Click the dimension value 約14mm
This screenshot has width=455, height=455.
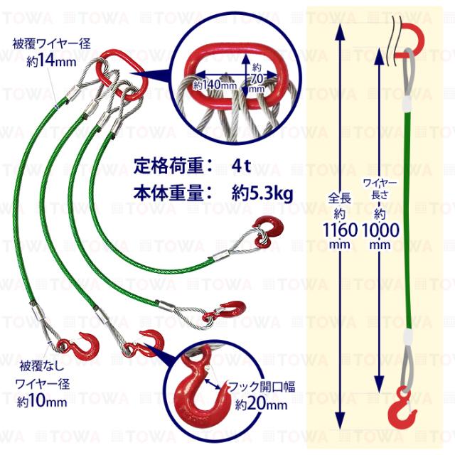[x=51, y=61]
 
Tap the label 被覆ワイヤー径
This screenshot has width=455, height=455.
[x=52, y=44]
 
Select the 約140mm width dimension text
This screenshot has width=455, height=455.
[x=215, y=85]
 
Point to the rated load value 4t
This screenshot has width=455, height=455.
[x=241, y=166]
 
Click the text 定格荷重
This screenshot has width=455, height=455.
[x=168, y=166]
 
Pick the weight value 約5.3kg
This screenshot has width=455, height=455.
[x=262, y=193]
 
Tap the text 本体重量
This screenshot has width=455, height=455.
[x=168, y=193]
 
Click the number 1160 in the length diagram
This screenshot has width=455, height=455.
[x=340, y=230]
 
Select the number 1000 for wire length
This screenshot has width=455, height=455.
[x=380, y=230]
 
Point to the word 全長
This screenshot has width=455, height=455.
[x=340, y=198]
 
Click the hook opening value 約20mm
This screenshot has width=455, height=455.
[x=261, y=404]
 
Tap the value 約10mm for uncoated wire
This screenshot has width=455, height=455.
[x=42, y=402]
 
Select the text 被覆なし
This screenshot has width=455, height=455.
[x=42, y=366]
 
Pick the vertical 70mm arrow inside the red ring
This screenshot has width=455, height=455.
[x=246, y=75]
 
